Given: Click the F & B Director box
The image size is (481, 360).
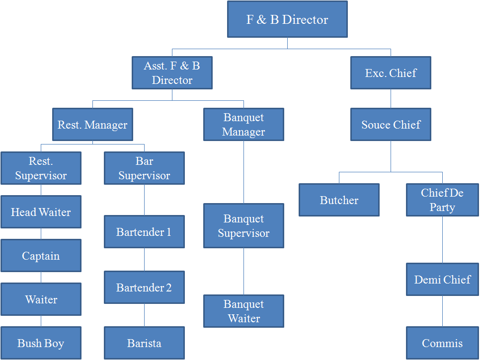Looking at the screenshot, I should (x=287, y=19).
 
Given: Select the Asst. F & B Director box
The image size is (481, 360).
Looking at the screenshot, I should (x=172, y=72).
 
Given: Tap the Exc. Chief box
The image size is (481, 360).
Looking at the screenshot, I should (x=391, y=73).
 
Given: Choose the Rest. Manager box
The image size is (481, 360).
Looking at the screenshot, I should (x=92, y=125).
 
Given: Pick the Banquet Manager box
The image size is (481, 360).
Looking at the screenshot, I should (x=243, y=125).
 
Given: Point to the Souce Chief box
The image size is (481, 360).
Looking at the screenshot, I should (x=391, y=125).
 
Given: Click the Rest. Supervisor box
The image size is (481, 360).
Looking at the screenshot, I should (x=41, y=168).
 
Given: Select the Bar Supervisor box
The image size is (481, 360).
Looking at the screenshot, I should (x=144, y=168).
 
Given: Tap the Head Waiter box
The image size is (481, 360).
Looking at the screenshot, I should (x=41, y=212).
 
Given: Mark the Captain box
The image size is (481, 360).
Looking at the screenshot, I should (x=41, y=256).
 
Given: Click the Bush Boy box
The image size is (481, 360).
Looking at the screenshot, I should (x=41, y=343).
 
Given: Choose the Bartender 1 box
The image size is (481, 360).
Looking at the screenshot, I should (x=144, y=232).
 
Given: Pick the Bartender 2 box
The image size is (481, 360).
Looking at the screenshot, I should (x=144, y=288).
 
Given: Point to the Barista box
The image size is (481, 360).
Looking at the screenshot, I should (x=144, y=343).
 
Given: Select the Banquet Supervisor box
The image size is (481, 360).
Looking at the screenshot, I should (x=243, y=226).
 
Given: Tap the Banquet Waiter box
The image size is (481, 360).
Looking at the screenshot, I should (x=243, y=311).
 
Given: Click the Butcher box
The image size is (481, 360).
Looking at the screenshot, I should (x=339, y=200).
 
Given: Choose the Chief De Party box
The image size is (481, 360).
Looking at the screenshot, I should (x=442, y=200).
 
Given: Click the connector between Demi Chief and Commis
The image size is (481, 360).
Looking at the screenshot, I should (x=442, y=311).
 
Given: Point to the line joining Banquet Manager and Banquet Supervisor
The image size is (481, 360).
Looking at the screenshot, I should (x=243, y=172).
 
